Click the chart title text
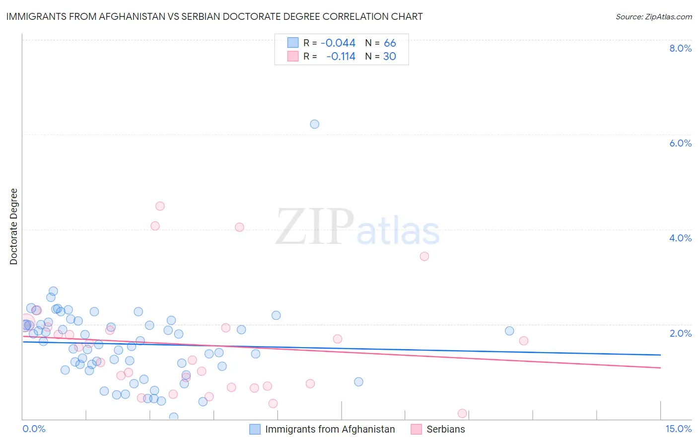pos(214,16)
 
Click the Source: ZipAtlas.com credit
pos(653,17)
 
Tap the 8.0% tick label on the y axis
pos(680,48)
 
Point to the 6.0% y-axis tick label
pos(680,143)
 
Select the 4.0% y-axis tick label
pos(680,238)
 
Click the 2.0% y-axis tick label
pos(680,333)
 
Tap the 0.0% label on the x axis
pos(34,429)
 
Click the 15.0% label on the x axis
pos(678,429)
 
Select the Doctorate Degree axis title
pos(14,226)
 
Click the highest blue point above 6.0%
pos(314,124)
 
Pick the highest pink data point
pos(160,206)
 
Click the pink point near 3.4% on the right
pos(424,256)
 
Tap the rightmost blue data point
pos(509,331)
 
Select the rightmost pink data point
pos(524,341)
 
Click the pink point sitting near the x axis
pos(462,413)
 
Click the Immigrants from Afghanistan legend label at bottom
pos(330,429)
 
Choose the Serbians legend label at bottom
pos(445,429)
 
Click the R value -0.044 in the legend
pos(338,43)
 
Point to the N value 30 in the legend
pos(390,57)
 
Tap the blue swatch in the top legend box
pos(293,43)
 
